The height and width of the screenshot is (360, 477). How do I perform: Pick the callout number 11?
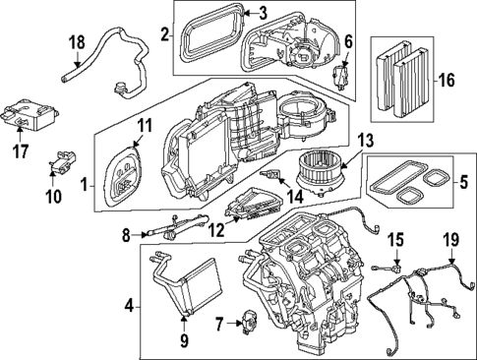click(145, 125)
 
